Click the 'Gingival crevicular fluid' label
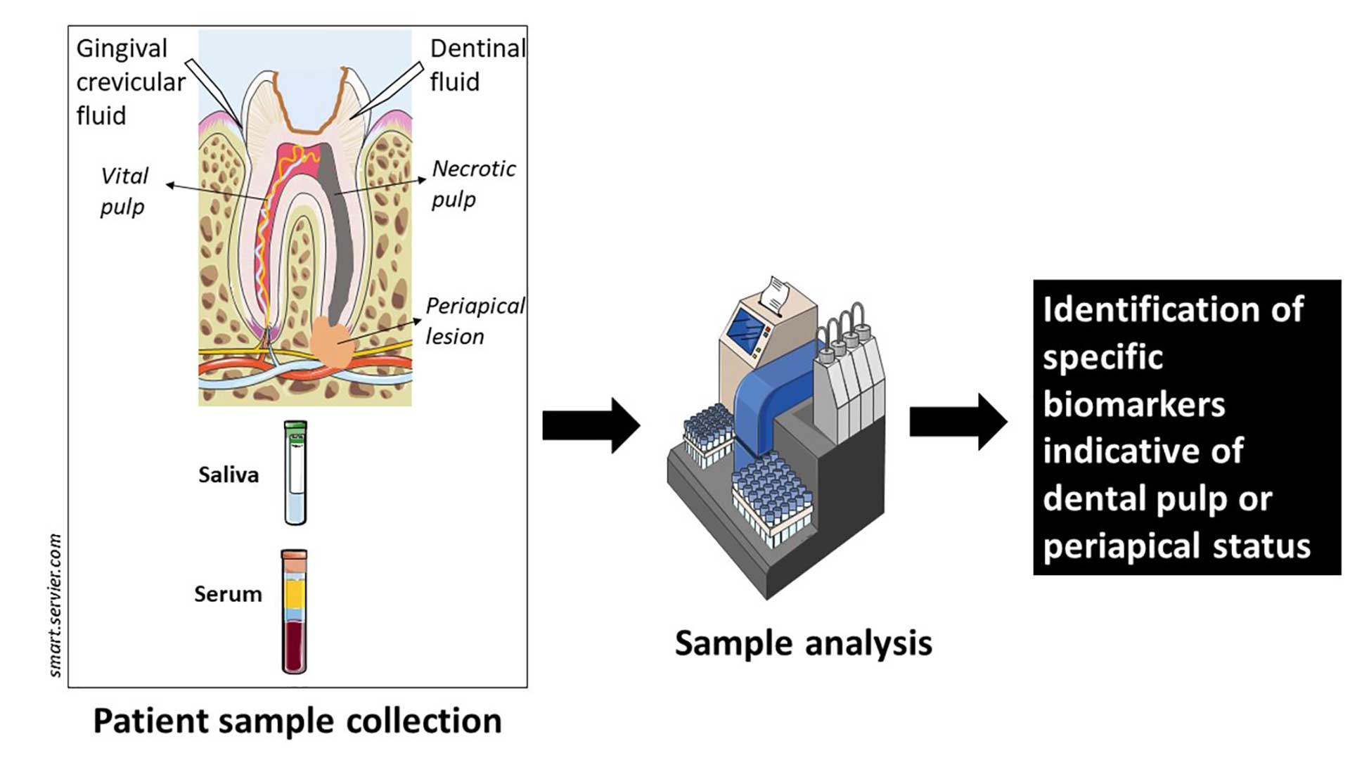pos(130,82)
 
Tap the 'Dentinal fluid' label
pos(477,65)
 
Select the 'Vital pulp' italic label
pos(124,191)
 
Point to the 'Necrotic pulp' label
pos(472,183)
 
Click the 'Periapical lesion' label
pos(474,321)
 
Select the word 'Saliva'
pos(228,475)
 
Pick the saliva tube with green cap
pos(295,472)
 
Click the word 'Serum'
pos(228,594)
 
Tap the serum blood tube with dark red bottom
pos(294,612)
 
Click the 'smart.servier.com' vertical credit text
pos(56,605)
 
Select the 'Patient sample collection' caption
pos(297,721)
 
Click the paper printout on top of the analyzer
pos(776,293)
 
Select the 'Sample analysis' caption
pos(803,643)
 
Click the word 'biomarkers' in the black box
pos(1133,404)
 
